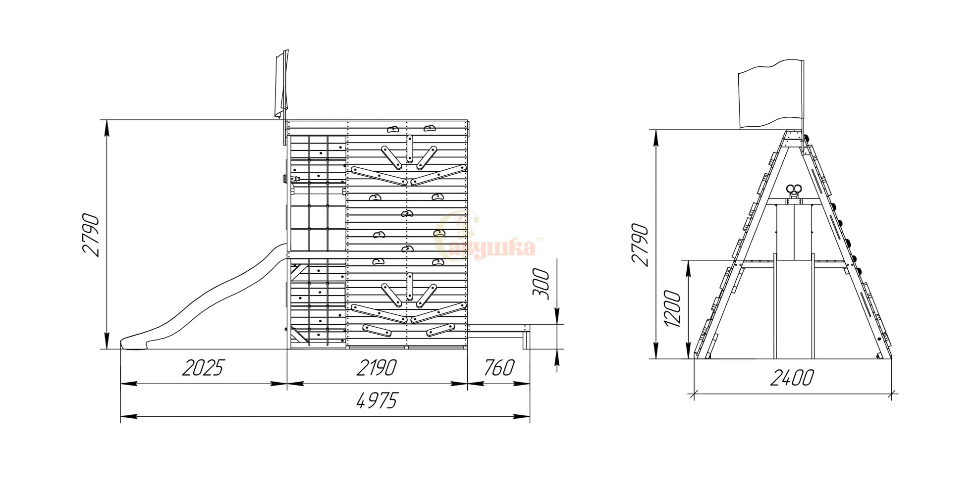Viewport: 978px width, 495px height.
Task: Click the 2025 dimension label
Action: (x=203, y=368)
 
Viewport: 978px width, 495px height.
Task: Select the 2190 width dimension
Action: (x=377, y=368)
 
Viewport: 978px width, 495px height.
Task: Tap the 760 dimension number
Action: (x=499, y=368)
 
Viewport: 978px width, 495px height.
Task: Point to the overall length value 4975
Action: (x=377, y=400)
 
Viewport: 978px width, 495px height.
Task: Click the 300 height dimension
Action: (x=542, y=284)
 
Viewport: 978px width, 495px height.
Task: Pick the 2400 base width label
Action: (x=792, y=378)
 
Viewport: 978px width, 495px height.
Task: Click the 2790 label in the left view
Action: (x=91, y=235)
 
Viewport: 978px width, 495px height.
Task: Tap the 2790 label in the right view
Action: (x=640, y=245)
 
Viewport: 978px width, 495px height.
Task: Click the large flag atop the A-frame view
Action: (x=770, y=94)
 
